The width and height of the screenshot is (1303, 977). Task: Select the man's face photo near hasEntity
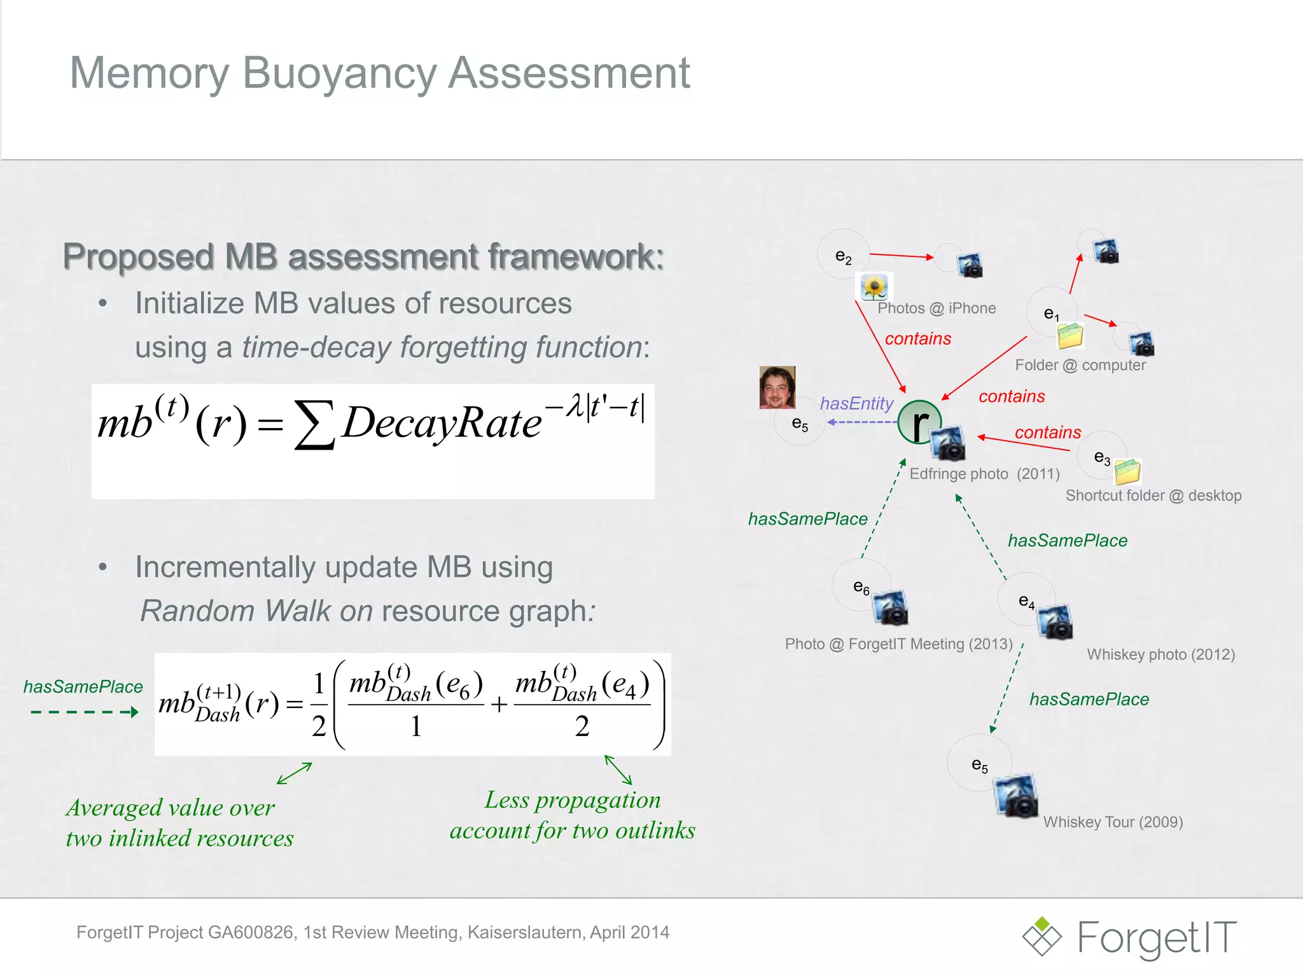point(777,387)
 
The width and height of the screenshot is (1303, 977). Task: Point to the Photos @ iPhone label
point(937,308)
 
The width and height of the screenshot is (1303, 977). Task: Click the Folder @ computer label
point(1080,365)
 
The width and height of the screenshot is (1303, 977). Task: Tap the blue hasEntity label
point(856,403)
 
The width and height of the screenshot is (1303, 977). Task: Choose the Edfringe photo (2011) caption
point(984,474)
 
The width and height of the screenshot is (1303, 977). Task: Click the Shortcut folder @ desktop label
point(1153,495)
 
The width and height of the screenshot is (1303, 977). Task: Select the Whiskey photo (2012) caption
point(1160,655)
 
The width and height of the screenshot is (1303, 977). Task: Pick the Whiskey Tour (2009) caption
point(1113,822)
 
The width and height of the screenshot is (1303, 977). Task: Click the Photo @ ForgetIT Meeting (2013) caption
point(898,644)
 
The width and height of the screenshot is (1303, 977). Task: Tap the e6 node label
point(861,586)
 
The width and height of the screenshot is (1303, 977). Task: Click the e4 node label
point(1026,601)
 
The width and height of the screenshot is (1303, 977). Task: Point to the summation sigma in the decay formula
point(314,424)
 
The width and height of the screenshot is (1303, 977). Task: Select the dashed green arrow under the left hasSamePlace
point(84,712)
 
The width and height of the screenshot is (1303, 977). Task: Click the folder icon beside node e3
point(1127,471)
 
